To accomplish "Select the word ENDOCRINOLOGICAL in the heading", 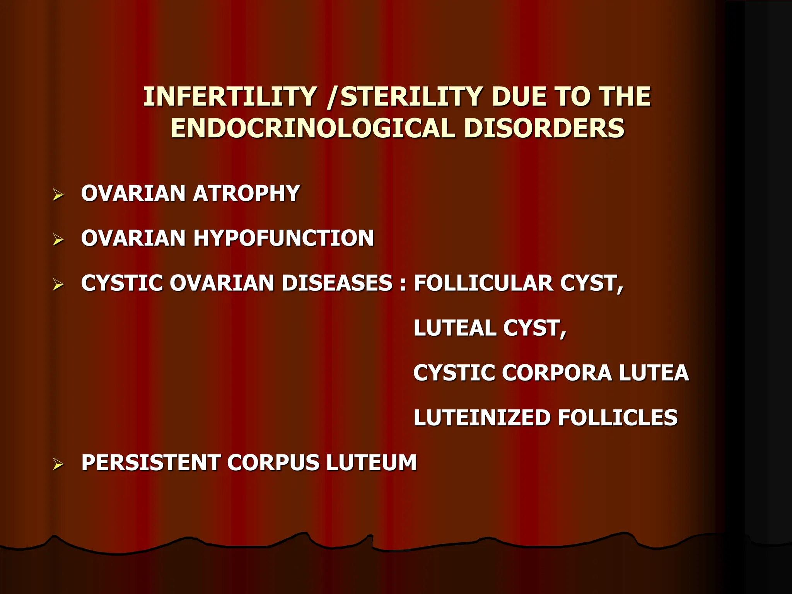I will [x=312, y=128].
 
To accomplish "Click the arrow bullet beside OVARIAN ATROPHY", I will [x=58, y=195].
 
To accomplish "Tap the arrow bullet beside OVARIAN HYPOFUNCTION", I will [x=58, y=240].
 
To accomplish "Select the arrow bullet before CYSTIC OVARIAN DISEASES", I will [x=58, y=285].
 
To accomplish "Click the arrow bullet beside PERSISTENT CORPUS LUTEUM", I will [x=58, y=464].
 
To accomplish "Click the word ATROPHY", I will [x=246, y=193].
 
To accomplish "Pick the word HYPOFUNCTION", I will [x=283, y=238].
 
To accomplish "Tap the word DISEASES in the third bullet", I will [x=337, y=283].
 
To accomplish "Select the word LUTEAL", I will [x=454, y=328].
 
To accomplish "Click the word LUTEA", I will [x=653, y=373].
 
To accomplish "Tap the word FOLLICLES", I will [x=618, y=418].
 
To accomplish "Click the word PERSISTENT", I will [x=150, y=463].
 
